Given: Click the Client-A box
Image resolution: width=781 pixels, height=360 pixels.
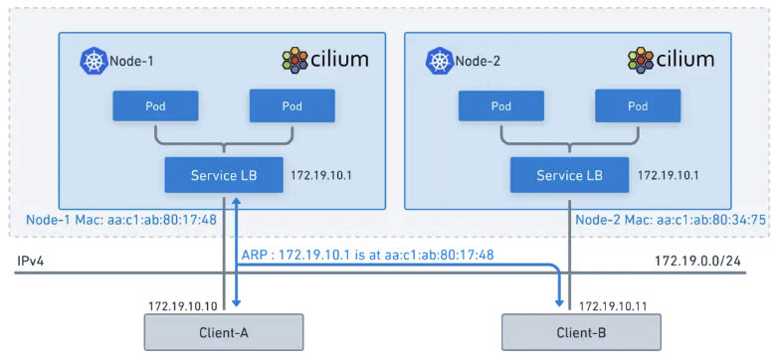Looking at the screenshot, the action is tap(224, 332).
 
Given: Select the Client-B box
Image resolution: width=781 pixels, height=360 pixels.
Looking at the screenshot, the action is tap(581, 332).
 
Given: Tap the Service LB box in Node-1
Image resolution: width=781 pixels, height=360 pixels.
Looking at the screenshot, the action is tap(224, 175).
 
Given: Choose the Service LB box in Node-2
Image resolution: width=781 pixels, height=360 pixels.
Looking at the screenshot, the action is tap(569, 175).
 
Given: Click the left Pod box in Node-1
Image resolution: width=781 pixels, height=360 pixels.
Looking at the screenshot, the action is tap(155, 106).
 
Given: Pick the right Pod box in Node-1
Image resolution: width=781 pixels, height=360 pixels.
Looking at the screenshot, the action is tap(293, 106).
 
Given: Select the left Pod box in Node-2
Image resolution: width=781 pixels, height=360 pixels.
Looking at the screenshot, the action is tap(501, 106).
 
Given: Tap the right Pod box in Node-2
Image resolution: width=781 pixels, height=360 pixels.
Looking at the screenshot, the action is tap(638, 106).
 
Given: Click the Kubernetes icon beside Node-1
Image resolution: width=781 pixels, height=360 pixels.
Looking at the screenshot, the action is tap(94, 62).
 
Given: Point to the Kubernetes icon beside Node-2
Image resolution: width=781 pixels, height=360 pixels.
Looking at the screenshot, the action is tap(440, 62).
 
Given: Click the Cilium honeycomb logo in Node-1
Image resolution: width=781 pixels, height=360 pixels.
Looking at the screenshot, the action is tap(295, 61).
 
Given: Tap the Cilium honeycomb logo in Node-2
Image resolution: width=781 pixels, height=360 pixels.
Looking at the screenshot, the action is tap(641, 61).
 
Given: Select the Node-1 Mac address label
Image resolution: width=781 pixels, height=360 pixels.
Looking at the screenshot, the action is tap(121, 220).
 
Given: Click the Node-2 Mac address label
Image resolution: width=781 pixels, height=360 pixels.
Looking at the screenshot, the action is tap(671, 220).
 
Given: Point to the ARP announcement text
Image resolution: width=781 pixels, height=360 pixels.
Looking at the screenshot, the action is tap(367, 255).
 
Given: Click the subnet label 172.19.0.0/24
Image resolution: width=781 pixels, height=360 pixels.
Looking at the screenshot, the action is tap(700, 261).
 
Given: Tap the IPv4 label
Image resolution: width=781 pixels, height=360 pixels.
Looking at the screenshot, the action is tap(31, 261).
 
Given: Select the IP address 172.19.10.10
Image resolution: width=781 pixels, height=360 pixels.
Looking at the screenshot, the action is tap(183, 305).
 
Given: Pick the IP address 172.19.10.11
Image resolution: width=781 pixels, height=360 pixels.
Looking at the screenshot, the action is tap(613, 305).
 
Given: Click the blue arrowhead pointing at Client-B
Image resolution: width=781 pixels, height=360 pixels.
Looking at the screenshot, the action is tap(560, 302).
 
